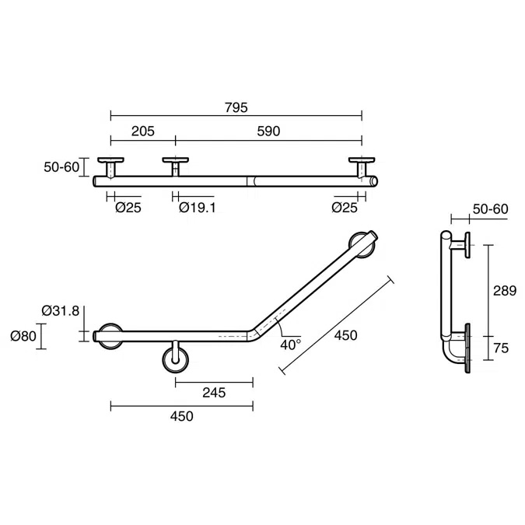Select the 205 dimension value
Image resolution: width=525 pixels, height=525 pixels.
(142, 131)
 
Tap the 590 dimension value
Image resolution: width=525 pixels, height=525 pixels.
(268, 131)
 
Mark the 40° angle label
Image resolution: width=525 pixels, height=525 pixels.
(290, 344)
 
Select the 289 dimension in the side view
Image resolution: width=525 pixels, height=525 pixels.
(505, 292)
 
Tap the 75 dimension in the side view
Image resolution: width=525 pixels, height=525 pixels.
(501, 348)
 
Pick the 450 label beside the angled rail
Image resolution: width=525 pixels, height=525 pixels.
(346, 335)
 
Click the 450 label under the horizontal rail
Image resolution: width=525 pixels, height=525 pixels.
(180, 416)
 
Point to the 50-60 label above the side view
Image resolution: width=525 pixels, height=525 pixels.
(490, 209)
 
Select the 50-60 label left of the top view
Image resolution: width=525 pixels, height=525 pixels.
(61, 166)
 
